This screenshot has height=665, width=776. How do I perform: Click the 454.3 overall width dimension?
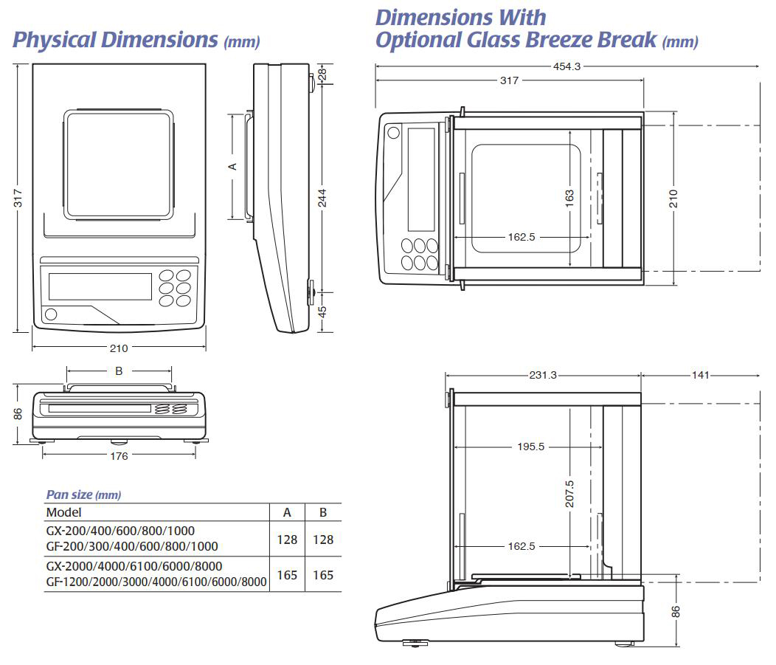pyautogui.click(x=567, y=66)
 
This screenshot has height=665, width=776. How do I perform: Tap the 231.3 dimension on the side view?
pyautogui.click(x=543, y=375)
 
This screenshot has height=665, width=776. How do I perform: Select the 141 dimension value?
pyautogui.click(x=700, y=375)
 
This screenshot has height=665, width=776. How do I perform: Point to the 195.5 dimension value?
pyautogui.click(x=530, y=447)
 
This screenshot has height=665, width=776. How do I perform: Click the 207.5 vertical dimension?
pyautogui.click(x=569, y=493)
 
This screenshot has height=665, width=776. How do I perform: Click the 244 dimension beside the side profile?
pyautogui.click(x=322, y=198)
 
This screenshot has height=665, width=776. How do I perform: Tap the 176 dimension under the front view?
pyautogui.click(x=119, y=456)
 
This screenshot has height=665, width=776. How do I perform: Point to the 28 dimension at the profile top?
pyautogui.click(x=322, y=74)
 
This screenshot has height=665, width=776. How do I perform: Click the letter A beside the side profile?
pyautogui.click(x=232, y=166)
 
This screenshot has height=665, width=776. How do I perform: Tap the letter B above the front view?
pyautogui.click(x=119, y=371)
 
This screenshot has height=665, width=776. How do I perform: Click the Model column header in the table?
pyautogui.click(x=64, y=512)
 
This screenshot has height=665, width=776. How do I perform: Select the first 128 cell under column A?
pyautogui.click(x=287, y=540)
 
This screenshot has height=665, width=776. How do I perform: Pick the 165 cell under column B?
pyautogui.click(x=323, y=575)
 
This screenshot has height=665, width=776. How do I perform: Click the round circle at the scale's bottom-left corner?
pyautogui.click(x=51, y=314)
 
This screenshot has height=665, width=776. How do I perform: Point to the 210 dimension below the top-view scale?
pyautogui.click(x=119, y=348)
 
